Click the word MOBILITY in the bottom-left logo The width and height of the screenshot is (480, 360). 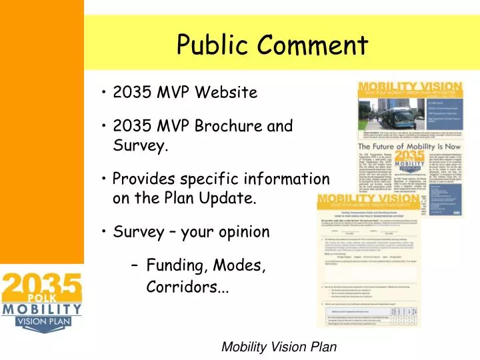(41, 309)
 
